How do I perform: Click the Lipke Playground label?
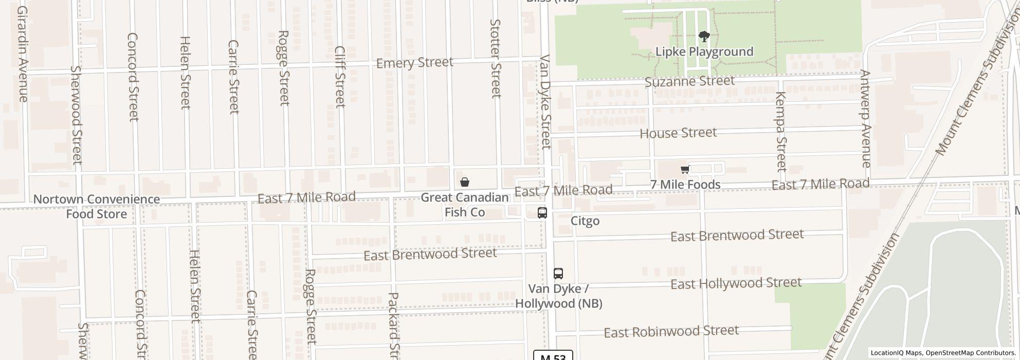tap(704, 52)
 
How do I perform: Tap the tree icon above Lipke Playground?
tap(704, 37)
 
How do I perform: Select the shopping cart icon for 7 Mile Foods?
tap(685, 170)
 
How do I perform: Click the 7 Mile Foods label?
tap(685, 184)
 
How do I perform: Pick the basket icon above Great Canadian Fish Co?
tap(464, 182)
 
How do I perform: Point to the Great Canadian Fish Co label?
tap(465, 205)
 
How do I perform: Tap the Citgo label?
tap(585, 221)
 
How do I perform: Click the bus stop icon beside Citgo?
tap(542, 212)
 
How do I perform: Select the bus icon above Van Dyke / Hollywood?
tap(558, 273)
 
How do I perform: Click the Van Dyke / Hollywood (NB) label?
tap(559, 296)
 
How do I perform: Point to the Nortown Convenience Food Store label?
tap(97, 206)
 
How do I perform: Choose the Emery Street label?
tap(415, 63)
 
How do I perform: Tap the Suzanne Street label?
tap(689, 81)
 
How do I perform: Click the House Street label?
tap(678, 133)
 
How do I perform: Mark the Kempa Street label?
tap(781, 132)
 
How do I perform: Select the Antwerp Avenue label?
tap(865, 119)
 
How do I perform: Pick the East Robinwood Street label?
tap(671, 331)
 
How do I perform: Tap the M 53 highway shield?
tap(553, 356)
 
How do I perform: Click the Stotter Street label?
tap(496, 58)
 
